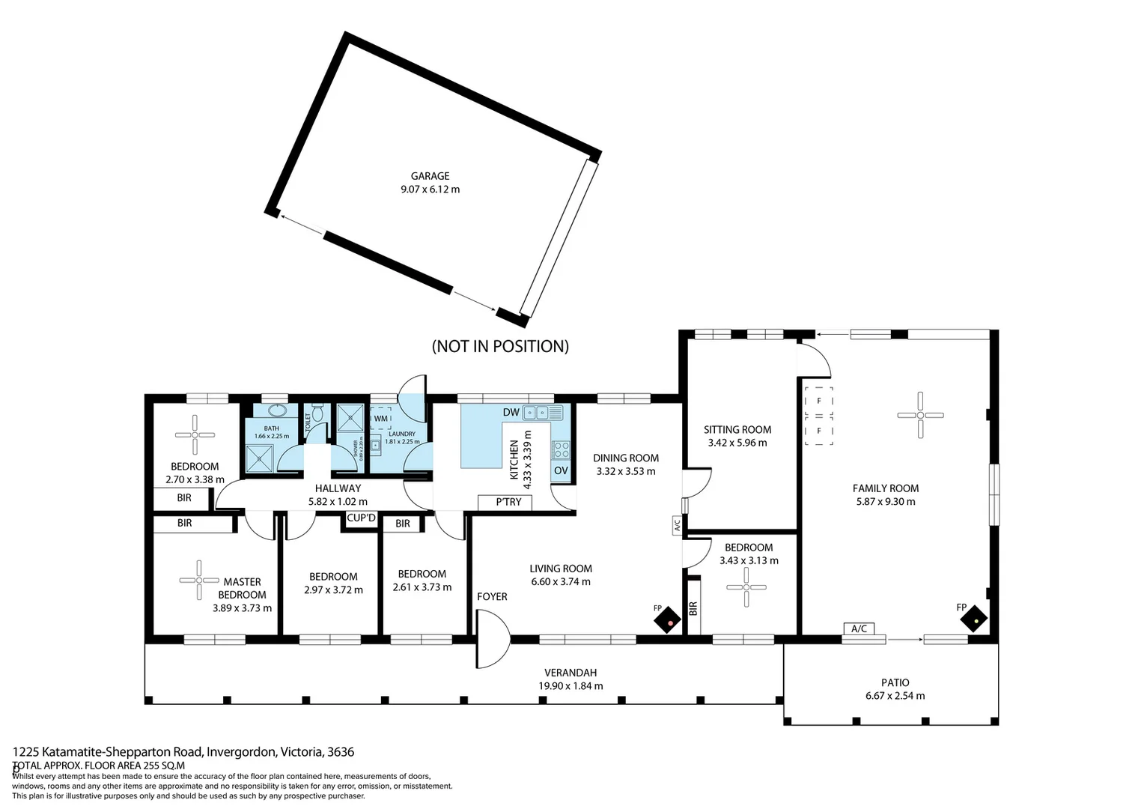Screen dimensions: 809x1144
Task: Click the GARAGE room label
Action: coord(430,176)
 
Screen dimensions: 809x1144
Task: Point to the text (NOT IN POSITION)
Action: coord(500,346)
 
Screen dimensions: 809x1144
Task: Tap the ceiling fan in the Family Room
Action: coord(920,415)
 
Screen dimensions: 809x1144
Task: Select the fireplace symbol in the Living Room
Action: coord(668,620)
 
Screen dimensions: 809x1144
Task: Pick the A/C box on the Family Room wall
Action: coord(859,628)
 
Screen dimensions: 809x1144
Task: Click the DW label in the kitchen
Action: coord(511,413)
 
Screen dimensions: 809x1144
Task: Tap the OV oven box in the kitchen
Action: coord(561,470)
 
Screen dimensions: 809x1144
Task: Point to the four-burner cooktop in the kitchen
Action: coord(561,449)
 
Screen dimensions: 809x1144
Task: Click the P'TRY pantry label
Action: coord(508,502)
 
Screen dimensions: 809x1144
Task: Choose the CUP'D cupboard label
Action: coord(361,518)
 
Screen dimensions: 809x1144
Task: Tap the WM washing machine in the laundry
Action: coord(381,419)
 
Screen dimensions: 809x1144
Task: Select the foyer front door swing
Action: coord(492,639)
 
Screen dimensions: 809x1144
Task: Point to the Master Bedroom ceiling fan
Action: coord(198,580)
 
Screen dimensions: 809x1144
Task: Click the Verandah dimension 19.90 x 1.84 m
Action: coord(571,685)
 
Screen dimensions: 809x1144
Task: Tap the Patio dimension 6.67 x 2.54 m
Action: coord(895,695)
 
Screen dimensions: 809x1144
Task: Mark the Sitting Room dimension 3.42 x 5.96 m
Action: coord(737,443)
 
